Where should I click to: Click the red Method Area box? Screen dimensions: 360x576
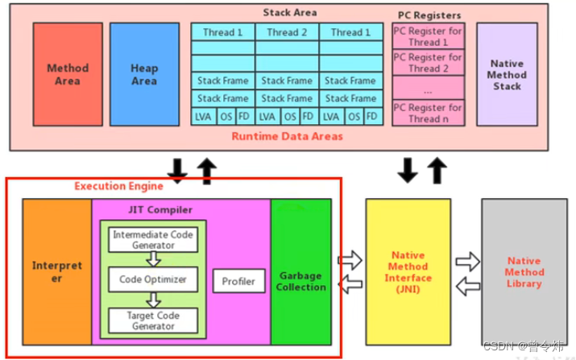point(68,74)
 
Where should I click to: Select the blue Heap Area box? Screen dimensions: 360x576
point(144,74)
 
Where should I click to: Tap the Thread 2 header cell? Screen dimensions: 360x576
point(287,32)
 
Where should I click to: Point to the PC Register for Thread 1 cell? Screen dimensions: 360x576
point(428,36)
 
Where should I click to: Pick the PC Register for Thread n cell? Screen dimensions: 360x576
point(428,113)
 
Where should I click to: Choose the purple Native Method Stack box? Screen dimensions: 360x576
point(507,74)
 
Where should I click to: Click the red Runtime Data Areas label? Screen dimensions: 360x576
point(287,136)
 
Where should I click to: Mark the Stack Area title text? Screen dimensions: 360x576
point(290,12)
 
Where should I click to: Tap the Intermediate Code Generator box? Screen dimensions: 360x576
point(153,240)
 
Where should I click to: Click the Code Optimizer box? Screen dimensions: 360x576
point(153,279)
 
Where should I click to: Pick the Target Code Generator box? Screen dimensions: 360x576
point(153,320)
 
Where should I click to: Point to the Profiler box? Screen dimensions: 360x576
point(238,281)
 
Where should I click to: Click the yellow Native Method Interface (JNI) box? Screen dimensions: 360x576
point(408,271)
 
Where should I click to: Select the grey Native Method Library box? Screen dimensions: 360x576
point(524,271)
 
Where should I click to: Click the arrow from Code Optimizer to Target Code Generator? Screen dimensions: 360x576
point(153,300)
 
